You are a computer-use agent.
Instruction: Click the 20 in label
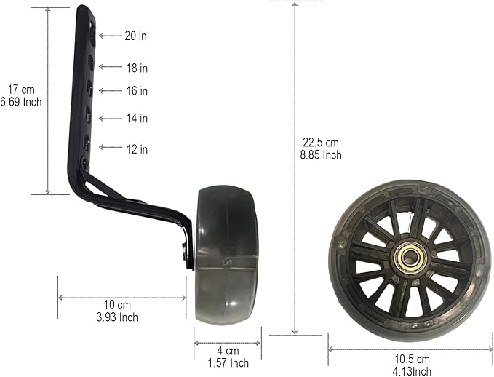coord(135,35)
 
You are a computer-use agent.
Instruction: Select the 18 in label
coord(135,68)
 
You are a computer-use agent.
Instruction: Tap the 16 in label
coord(135,91)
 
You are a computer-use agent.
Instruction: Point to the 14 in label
coord(135,118)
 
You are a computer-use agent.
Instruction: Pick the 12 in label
coord(135,149)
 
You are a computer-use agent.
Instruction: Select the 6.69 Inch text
coord(22,102)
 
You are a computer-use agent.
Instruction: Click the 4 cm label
coord(227,350)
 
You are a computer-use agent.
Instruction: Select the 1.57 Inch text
coord(228,362)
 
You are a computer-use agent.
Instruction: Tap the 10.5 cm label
coord(412,359)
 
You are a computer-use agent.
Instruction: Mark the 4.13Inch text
coord(412,371)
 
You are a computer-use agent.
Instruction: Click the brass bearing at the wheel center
coord(411,258)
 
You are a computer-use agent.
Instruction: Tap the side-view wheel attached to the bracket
coord(228,255)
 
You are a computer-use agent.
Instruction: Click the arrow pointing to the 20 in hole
coord(109,35)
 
